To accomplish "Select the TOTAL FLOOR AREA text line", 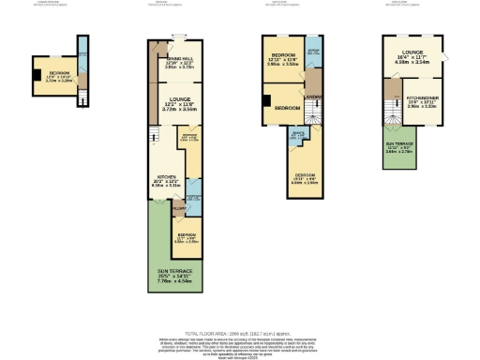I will [x=239, y=333].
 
